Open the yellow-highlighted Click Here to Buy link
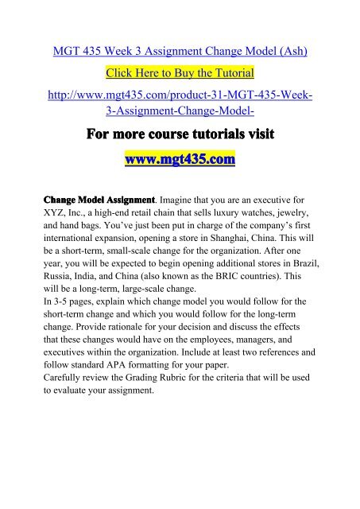(180, 74)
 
